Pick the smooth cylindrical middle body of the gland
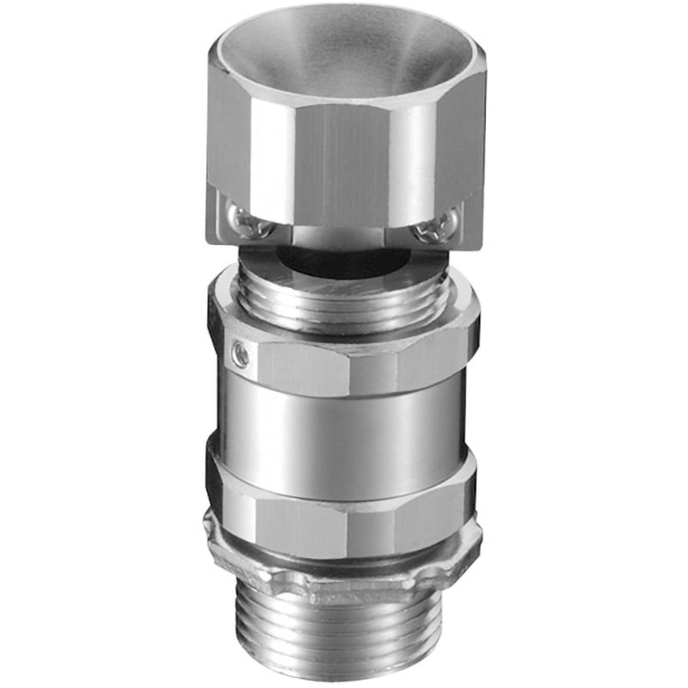344,421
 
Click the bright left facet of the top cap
228,146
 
